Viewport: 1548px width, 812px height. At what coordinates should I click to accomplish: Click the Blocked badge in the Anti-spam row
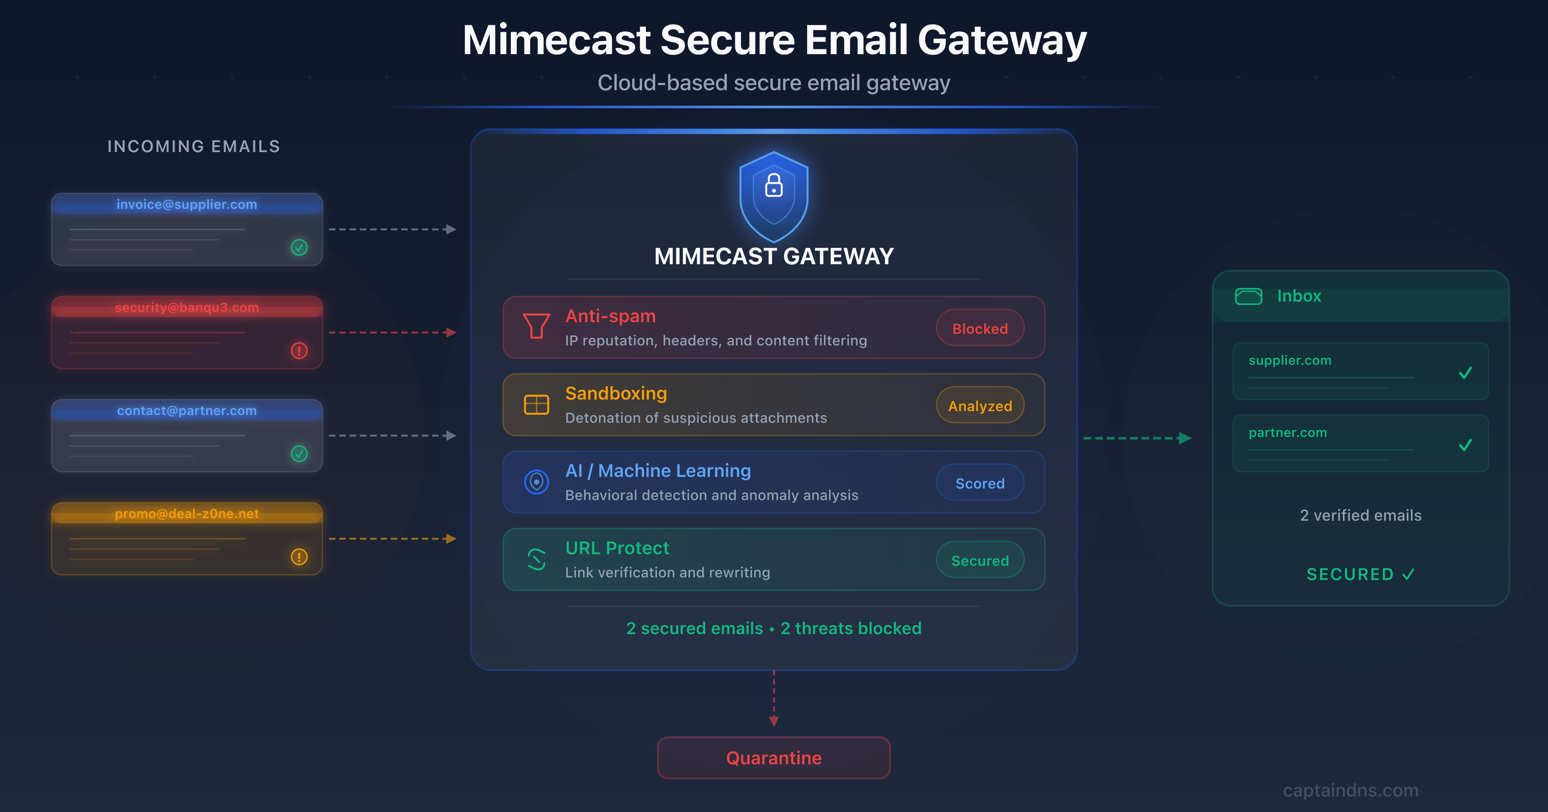click(980, 328)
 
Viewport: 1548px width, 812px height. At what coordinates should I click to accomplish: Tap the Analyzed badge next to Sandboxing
click(980, 406)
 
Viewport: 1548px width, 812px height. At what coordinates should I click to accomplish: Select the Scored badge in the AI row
click(980, 483)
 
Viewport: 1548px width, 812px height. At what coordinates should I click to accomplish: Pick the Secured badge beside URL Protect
click(980, 560)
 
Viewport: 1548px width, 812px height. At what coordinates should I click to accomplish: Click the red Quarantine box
click(774, 757)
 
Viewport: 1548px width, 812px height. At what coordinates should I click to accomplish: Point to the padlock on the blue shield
click(774, 185)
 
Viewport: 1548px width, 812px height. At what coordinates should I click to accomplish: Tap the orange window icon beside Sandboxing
click(536, 405)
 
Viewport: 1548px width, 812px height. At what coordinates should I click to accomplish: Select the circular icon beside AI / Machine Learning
click(536, 482)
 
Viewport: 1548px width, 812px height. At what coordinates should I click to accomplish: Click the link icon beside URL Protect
click(536, 559)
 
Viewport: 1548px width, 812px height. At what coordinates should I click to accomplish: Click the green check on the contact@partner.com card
click(299, 453)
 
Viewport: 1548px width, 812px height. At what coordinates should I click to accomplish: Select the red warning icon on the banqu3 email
click(299, 350)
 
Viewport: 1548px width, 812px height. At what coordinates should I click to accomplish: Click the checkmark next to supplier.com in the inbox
click(1465, 373)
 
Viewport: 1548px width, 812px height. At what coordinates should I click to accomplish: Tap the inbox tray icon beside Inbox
click(1248, 296)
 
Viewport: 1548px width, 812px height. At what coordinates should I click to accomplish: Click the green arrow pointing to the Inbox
click(1184, 438)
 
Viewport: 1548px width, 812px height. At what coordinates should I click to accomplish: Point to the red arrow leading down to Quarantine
click(774, 720)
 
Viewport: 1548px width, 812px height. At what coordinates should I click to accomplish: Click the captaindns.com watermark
click(1350, 790)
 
